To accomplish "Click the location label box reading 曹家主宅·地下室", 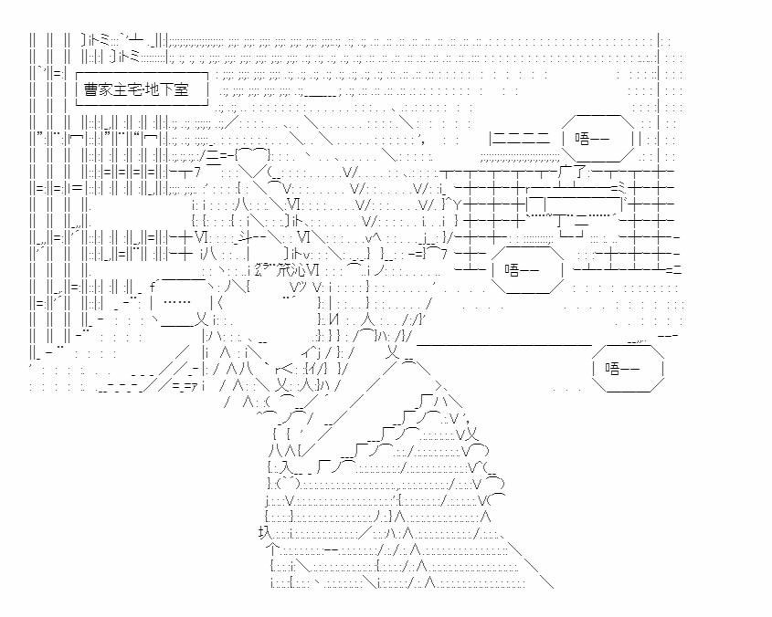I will pyautogui.click(x=142, y=89).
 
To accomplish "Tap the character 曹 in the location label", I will pyautogui.click(x=91, y=89).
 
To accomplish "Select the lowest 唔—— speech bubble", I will pyautogui.click(x=628, y=368).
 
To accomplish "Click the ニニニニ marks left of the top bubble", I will pyautogui.click(x=519, y=139).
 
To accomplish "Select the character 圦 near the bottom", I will pyautogui.click(x=265, y=533).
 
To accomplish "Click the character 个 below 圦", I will pyautogui.click(x=272, y=549).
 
